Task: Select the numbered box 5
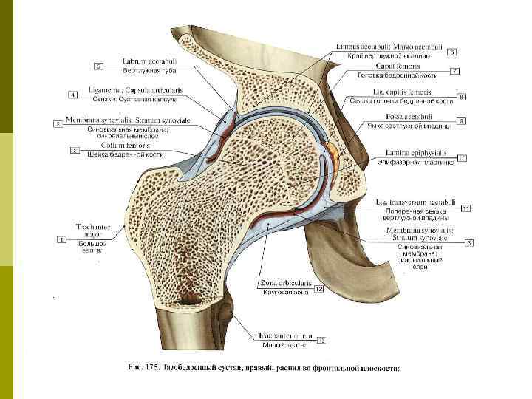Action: (x=98, y=66)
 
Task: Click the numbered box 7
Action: (x=461, y=97)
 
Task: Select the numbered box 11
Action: (x=465, y=209)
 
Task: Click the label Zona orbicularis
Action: (x=284, y=284)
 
